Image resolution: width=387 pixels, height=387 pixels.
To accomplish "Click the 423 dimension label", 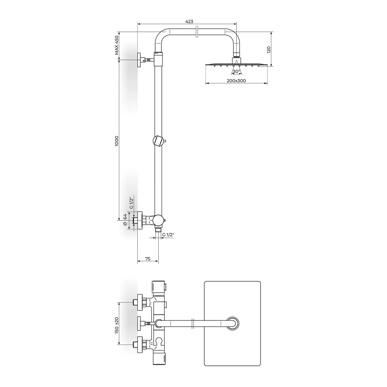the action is (189, 21).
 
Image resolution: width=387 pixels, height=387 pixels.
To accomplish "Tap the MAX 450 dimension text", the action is (116, 45).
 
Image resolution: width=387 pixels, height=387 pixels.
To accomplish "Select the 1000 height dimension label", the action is (116, 141).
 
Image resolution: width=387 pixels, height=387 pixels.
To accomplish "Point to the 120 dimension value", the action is (269, 50).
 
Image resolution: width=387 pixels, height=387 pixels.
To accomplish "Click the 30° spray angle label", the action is (236, 71).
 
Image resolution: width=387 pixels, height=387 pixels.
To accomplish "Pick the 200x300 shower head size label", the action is (236, 81).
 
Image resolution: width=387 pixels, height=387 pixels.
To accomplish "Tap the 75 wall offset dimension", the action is (147, 259).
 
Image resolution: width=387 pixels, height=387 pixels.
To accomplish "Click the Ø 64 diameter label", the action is (125, 220).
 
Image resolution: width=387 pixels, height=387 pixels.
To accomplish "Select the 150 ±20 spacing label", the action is (116, 325).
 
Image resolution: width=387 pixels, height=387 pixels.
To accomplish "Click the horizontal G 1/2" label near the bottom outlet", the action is (168, 235).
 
